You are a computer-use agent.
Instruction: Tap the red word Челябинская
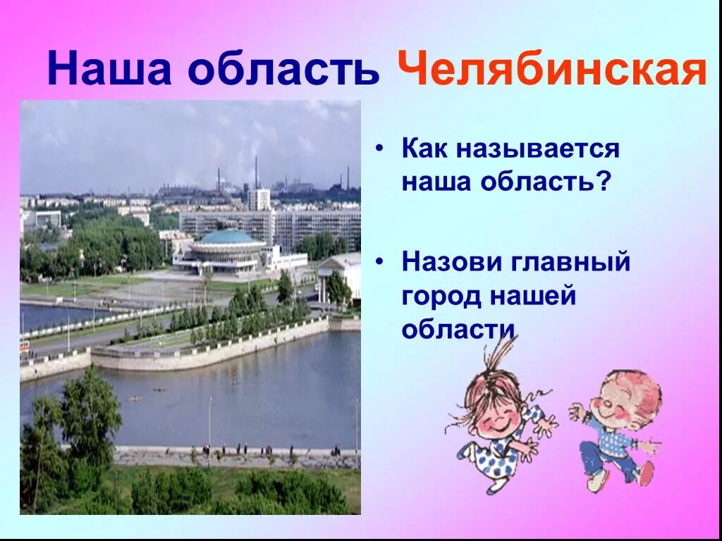coord(551,70)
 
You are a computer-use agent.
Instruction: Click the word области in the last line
coord(458,329)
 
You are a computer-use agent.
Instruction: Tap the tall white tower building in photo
coord(259,199)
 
